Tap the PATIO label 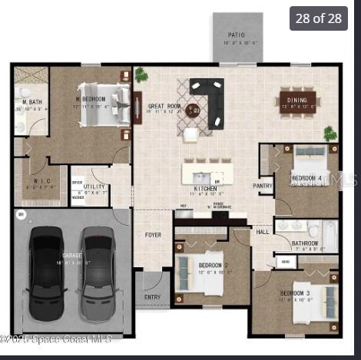coord(237,35)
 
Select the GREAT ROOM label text coord(164,107)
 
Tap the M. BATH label coord(31,102)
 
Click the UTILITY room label coord(94,186)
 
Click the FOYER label coord(153,234)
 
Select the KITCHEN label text coord(205,188)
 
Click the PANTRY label coord(263,185)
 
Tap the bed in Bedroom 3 coord(319,300)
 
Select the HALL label coord(263,230)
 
